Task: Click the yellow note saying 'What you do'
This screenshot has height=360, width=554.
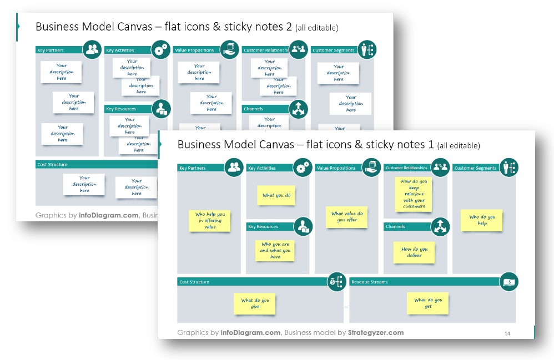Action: [276, 195]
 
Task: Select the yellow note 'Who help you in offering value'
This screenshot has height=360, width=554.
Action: [209, 221]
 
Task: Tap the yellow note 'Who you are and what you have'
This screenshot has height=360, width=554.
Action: [275, 250]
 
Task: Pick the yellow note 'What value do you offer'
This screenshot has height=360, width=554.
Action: [347, 217]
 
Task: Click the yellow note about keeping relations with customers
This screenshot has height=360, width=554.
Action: [414, 194]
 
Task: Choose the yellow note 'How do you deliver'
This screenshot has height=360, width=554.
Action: [414, 252]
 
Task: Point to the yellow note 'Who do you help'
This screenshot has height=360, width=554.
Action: [482, 220]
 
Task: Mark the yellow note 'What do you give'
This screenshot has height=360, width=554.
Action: [255, 303]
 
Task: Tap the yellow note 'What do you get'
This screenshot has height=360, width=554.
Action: [427, 303]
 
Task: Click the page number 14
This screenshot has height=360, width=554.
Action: [507, 333]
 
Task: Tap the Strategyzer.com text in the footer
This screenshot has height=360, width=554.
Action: [376, 333]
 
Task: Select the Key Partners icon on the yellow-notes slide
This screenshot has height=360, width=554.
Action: [234, 168]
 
